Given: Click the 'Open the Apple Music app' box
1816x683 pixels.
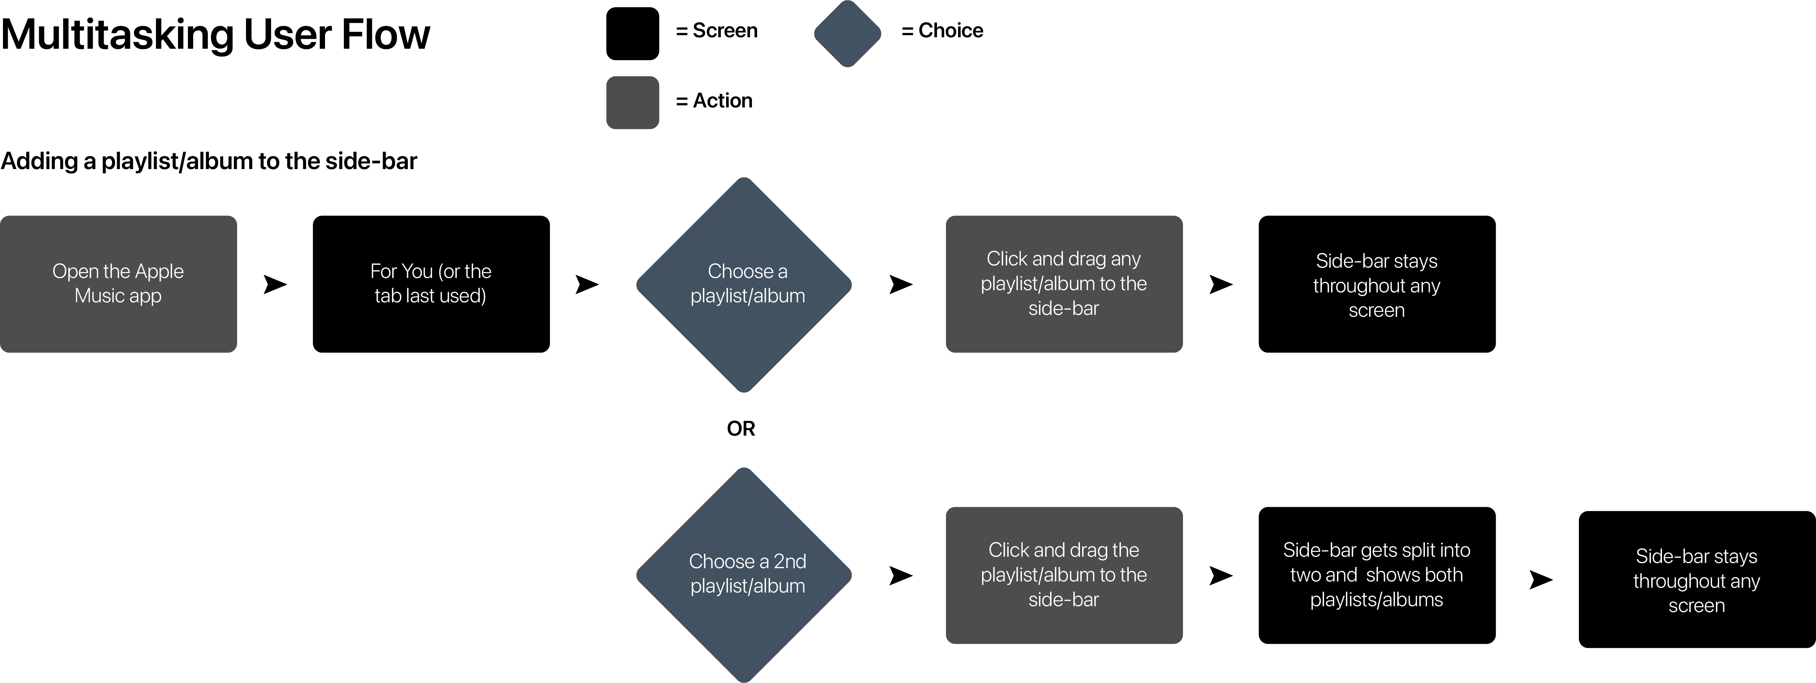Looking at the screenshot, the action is click(119, 284).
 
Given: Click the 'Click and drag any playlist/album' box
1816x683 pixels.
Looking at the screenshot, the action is click(1064, 284).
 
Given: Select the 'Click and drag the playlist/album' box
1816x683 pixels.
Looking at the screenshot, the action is click(1064, 575).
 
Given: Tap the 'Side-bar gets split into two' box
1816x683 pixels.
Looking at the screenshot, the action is click(1377, 575).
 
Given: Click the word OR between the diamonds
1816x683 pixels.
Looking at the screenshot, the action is click(741, 429).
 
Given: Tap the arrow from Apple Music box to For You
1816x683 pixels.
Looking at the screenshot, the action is click(275, 284).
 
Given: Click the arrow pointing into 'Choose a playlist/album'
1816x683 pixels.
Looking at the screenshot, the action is click(587, 284).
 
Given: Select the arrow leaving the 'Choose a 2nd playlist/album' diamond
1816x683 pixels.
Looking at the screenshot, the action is click(901, 575).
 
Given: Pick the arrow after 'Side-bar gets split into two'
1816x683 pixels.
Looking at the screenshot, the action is click(1541, 579).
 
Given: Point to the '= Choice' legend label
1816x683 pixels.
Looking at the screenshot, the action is click(942, 30).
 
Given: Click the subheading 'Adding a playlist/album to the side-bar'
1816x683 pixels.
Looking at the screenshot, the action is click(209, 161).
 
